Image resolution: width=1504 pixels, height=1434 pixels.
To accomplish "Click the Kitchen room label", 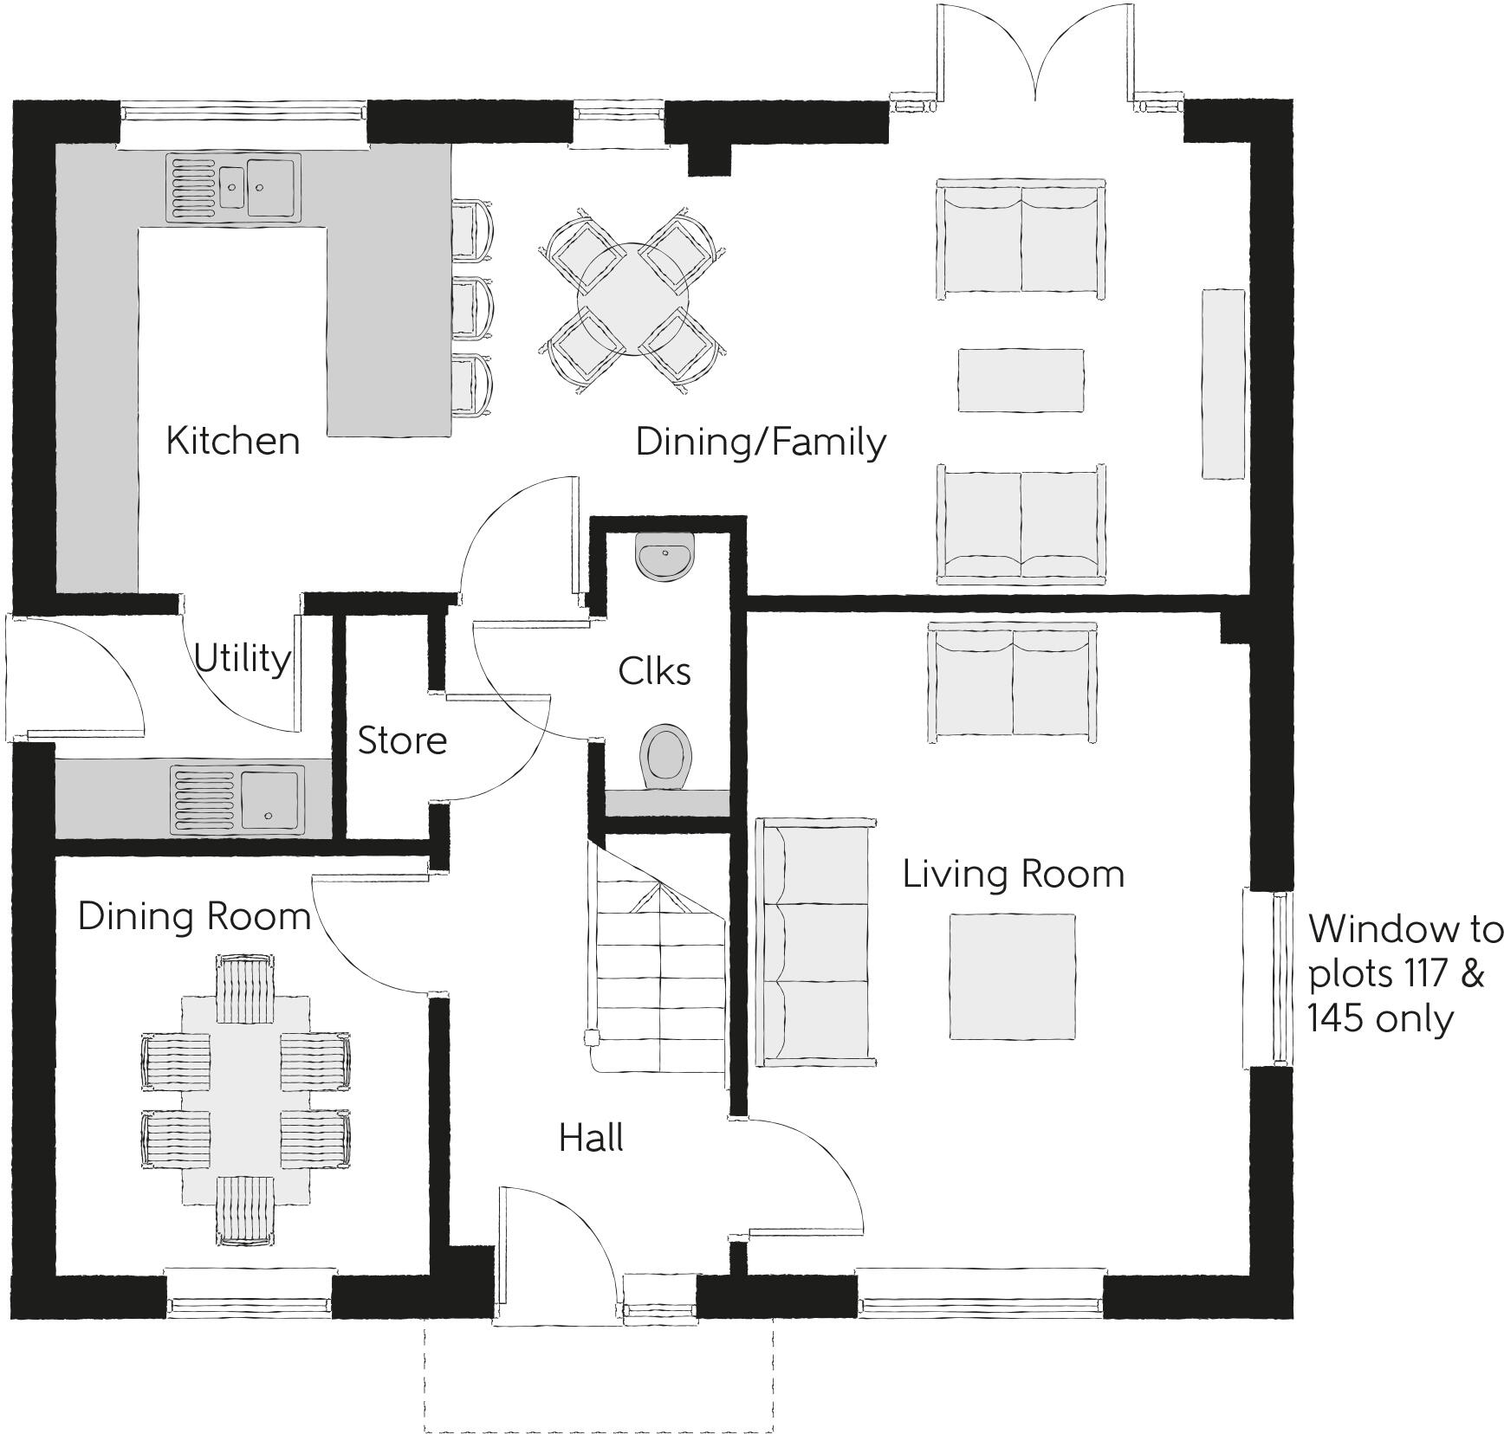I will click(x=232, y=441).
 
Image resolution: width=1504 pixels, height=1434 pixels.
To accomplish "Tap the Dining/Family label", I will click(x=760, y=442).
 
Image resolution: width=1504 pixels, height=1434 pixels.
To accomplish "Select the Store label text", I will click(x=402, y=741).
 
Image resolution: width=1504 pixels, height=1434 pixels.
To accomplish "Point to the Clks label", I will click(x=654, y=672).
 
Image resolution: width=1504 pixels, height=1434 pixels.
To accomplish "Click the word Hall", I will click(x=591, y=1138).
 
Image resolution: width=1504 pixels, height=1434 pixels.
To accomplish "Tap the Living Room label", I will click(x=1013, y=874).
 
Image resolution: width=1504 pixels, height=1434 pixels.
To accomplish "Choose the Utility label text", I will click(x=242, y=659).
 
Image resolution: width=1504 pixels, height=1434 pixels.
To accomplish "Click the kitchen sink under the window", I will click(x=234, y=187).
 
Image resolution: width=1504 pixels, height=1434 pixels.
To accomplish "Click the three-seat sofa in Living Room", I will click(x=814, y=942).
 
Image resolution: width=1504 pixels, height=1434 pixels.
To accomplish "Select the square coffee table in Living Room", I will click(x=1012, y=976).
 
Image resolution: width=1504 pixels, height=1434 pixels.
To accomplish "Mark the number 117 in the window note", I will click(x=1421, y=974).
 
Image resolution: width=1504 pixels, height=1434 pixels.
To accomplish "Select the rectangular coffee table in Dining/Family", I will click(x=1021, y=380).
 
